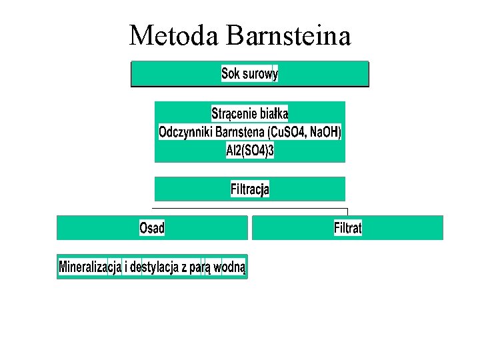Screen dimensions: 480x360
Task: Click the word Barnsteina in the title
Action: pyautogui.click(x=289, y=35)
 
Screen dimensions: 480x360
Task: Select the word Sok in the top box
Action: pyautogui.click(x=231, y=73)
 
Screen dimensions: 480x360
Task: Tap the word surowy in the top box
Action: pyautogui.click(x=260, y=73)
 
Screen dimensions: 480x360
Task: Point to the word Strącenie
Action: pyautogui.click(x=234, y=113)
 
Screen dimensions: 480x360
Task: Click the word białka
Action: pyautogui.click(x=274, y=113)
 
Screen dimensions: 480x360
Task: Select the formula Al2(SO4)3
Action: pyautogui.click(x=250, y=151)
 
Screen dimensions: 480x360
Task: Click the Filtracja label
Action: pyautogui.click(x=250, y=189)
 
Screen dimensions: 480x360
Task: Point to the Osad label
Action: pyautogui.click(x=152, y=228)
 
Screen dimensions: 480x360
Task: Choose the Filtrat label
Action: pyautogui.click(x=347, y=228)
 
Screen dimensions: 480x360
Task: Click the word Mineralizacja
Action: pyautogui.click(x=90, y=267)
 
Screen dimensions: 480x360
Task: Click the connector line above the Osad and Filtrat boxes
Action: pyautogui.click(x=250, y=210)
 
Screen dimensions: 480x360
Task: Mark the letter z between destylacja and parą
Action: pyautogui.click(x=184, y=268)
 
